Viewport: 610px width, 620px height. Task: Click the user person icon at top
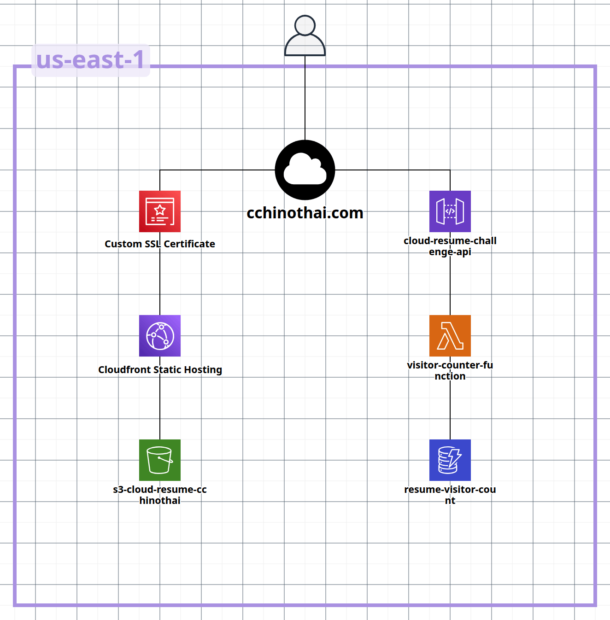(x=305, y=36)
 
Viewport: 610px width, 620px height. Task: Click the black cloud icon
(x=305, y=170)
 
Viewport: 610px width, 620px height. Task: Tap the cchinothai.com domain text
(x=305, y=213)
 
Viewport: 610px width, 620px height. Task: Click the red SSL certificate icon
(x=160, y=211)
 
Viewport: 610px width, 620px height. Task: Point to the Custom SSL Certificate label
(x=160, y=244)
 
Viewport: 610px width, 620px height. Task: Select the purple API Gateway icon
(x=450, y=211)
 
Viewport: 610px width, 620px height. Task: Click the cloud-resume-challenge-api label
(x=450, y=246)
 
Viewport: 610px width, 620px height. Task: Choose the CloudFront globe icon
(x=160, y=336)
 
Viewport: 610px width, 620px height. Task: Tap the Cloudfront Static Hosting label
(x=160, y=370)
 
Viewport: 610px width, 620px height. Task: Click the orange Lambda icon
(x=450, y=336)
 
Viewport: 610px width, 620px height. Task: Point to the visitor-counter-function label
(x=450, y=371)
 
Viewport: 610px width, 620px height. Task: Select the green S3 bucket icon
(x=160, y=460)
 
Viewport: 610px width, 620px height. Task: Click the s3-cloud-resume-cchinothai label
(x=160, y=495)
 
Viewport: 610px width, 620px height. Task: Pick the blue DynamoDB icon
(x=450, y=460)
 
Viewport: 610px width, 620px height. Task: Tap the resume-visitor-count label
(x=450, y=495)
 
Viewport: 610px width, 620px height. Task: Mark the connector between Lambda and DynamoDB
(x=450, y=410)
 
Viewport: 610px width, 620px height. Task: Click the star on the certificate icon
(x=160, y=210)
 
